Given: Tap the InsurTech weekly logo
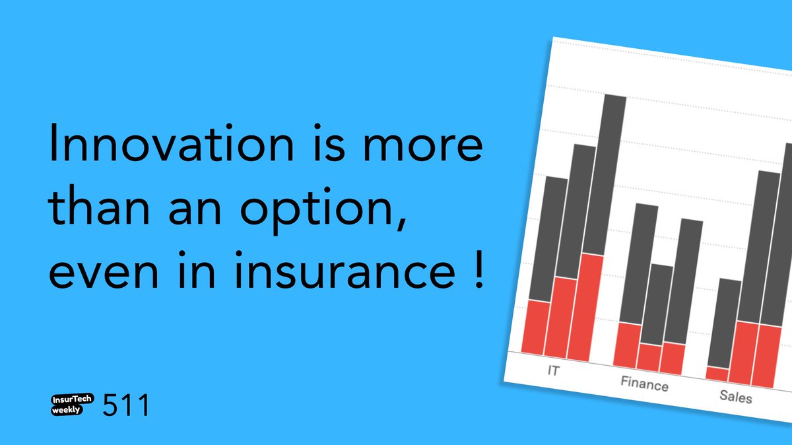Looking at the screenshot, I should point(73,404).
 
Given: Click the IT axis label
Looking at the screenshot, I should point(553,370).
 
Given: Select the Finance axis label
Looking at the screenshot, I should point(644,384).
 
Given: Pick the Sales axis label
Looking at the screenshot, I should point(735,397).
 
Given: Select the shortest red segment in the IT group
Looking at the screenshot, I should point(536,327).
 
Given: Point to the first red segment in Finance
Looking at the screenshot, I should point(627,345).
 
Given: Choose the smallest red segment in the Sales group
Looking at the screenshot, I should point(717,374).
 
